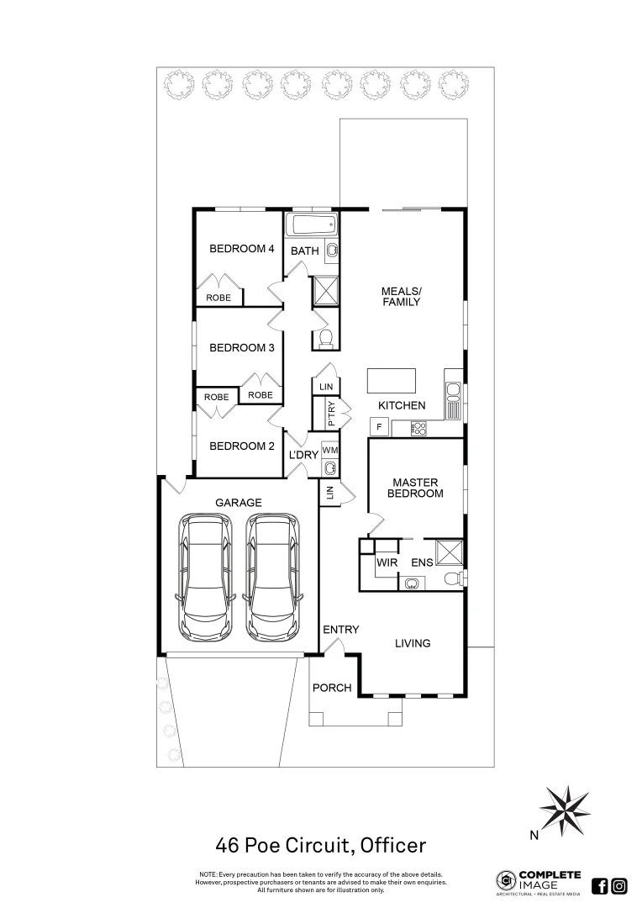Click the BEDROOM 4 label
[x=242, y=249]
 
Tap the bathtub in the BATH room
[x=312, y=225]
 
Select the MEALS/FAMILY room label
[x=401, y=296]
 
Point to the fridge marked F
[x=379, y=427]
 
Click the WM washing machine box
[x=329, y=451]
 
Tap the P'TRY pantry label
[x=320, y=414]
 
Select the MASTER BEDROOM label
[x=414, y=488]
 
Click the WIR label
[x=387, y=562]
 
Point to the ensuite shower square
[x=450, y=552]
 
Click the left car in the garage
[x=206, y=578]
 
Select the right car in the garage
[x=273, y=578]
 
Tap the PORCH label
[x=332, y=688]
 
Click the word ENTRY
[x=341, y=630]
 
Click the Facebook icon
[x=600, y=885]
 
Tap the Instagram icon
[x=619, y=885]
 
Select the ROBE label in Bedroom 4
[x=219, y=298]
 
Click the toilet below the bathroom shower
[x=324, y=339]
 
